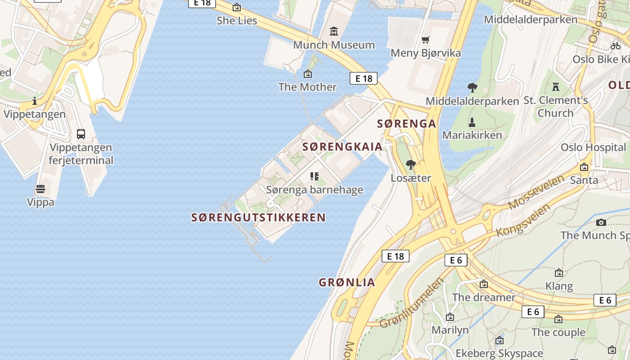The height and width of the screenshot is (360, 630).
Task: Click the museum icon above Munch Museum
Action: click(x=334, y=31)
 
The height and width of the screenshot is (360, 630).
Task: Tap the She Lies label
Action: click(x=237, y=21)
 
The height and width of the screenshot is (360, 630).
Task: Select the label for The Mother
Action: click(x=307, y=87)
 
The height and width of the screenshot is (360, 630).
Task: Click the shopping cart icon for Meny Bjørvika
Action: click(x=426, y=40)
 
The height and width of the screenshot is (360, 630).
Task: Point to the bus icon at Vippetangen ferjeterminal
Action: click(x=81, y=134)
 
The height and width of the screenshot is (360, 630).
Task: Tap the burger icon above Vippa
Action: click(x=40, y=189)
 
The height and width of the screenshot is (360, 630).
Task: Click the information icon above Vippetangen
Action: click(x=35, y=101)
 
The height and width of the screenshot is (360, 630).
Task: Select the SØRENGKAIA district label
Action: click(x=342, y=147)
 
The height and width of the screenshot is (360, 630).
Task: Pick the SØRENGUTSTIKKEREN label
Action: click(x=258, y=218)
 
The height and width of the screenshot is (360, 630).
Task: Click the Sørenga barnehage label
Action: click(x=315, y=190)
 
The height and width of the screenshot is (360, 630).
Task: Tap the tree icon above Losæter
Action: click(x=410, y=165)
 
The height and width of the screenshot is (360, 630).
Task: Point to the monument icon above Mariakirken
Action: click(x=472, y=122)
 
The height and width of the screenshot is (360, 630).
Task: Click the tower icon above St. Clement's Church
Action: click(x=556, y=86)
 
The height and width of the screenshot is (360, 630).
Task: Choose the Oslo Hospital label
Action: click(x=593, y=148)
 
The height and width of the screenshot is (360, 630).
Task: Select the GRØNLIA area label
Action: click(x=347, y=283)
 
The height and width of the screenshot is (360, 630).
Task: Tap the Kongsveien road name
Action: click(x=523, y=220)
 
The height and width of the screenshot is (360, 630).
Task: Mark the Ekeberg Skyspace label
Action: click(x=499, y=353)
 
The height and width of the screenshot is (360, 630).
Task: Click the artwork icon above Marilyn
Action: click(x=450, y=317)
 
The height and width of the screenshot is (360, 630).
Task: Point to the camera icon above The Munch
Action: click(x=601, y=222)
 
